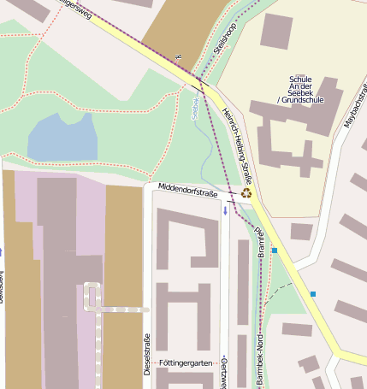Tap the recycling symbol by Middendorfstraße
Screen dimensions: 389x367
coord(247,193)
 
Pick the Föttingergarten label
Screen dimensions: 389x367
coord(185,363)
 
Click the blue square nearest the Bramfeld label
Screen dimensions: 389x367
coord(275,250)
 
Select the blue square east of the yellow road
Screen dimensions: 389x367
coord(314,294)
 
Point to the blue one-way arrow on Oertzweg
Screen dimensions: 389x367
coord(225,209)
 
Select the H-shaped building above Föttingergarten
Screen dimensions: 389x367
coord(184,315)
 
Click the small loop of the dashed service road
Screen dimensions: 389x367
coord(91,296)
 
